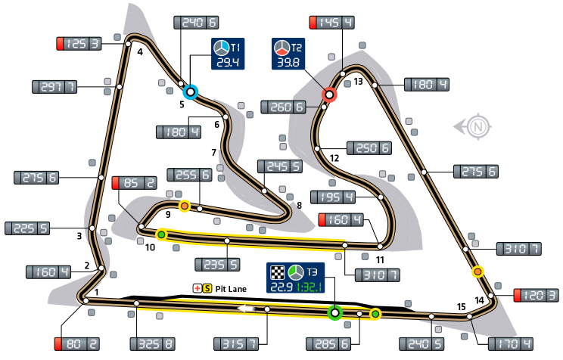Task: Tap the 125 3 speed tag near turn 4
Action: tap(79, 44)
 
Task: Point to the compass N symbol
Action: tap(476, 127)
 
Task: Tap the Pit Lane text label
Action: tap(231, 288)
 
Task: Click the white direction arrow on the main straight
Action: tap(244, 309)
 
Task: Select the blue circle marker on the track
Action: tap(191, 92)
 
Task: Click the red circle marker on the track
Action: tap(329, 95)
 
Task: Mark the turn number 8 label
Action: tap(300, 205)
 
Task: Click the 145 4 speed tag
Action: tap(332, 23)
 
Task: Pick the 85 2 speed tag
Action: tap(135, 182)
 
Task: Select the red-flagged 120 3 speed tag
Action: tap(537, 295)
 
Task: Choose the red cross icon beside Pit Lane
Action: tap(197, 288)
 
